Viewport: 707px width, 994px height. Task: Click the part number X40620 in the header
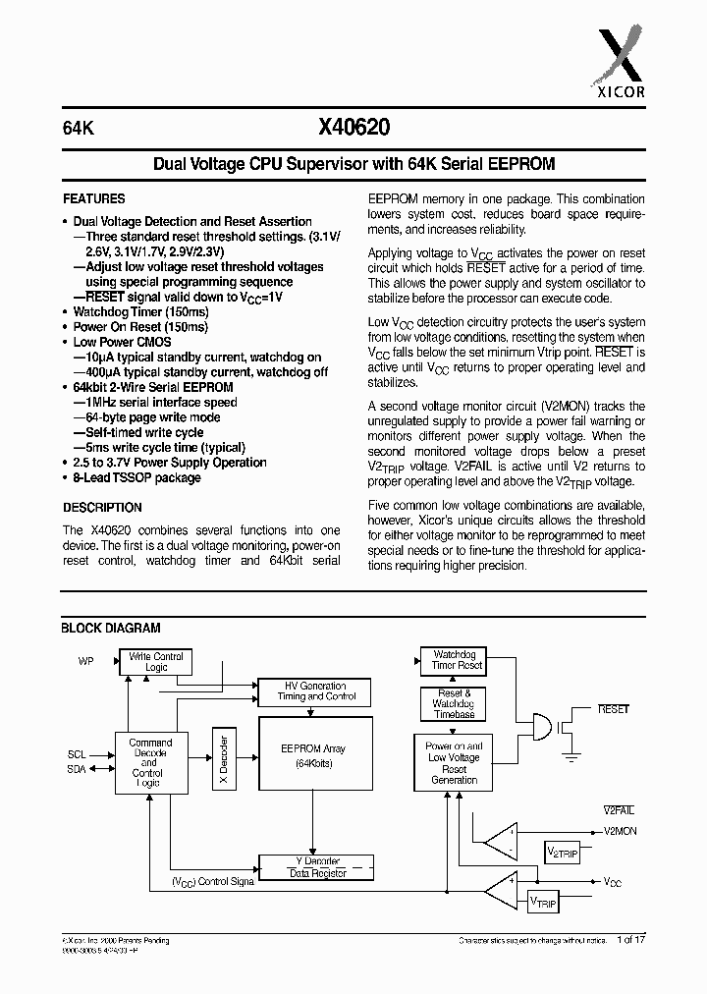coord(353,127)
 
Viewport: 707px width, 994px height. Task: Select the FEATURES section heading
coord(94,197)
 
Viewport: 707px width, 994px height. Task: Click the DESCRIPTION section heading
coord(102,508)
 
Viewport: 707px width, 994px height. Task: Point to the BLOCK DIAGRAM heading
coord(111,628)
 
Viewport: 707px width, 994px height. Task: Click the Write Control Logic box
coord(156,661)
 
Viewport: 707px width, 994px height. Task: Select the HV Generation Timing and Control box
coord(315,690)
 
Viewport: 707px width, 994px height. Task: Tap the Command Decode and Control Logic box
coord(150,763)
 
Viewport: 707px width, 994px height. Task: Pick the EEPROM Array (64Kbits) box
coord(314,756)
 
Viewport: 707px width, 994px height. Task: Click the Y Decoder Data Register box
coord(314,866)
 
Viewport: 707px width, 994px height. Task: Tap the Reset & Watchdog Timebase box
coord(454,704)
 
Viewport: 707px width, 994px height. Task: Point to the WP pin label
coord(86,661)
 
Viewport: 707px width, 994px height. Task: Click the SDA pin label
coord(77,769)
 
